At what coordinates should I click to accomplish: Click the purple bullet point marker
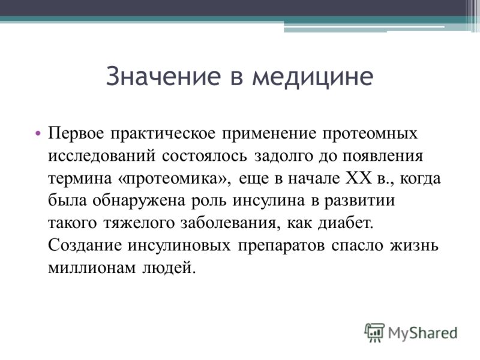coord(38,133)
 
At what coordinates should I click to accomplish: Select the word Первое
coord(76,134)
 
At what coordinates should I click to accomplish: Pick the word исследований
coord(102,157)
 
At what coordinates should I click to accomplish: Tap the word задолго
coord(283,157)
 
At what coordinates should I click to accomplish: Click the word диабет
coord(346,223)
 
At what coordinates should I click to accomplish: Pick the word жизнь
coord(414,245)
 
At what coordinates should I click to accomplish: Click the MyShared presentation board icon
coord(374,333)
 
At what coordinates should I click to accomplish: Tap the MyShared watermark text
coord(423,334)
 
